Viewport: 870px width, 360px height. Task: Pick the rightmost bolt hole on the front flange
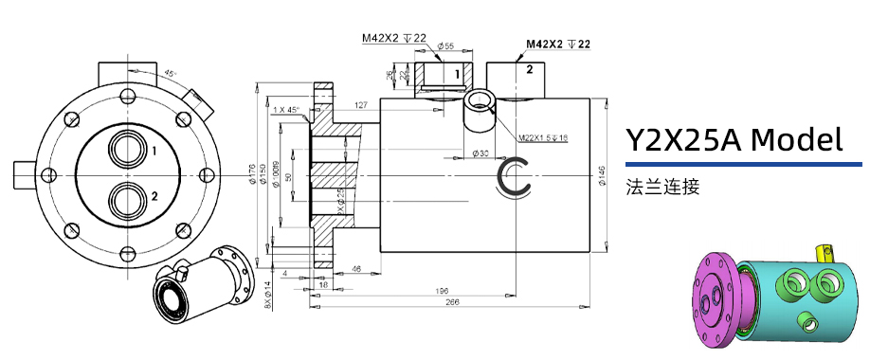coord(207,173)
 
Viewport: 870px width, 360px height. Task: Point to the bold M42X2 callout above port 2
coord(558,45)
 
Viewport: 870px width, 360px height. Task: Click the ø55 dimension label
coord(444,45)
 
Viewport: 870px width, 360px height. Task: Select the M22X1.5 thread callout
coord(542,138)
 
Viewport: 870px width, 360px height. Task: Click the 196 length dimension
coord(441,291)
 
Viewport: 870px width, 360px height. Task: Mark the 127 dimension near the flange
coord(361,104)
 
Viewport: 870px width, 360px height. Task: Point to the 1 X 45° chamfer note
coord(285,110)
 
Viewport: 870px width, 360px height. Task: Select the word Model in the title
coord(795,140)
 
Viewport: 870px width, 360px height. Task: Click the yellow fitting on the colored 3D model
coord(821,250)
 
